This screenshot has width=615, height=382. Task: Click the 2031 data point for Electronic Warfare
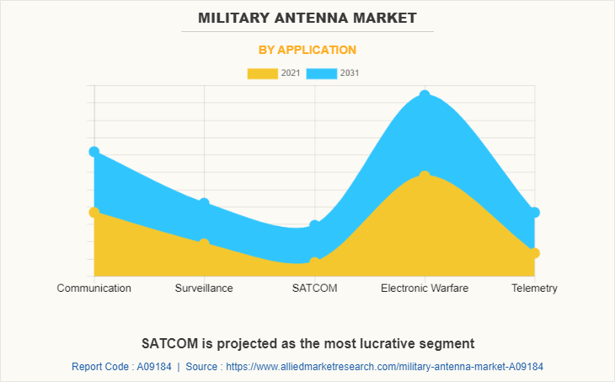pyautogui.click(x=425, y=95)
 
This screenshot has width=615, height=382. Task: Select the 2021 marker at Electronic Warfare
pyautogui.click(x=425, y=175)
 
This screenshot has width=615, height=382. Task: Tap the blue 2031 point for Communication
pyautogui.click(x=94, y=152)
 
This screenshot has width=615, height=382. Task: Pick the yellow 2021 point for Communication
pyautogui.click(x=94, y=213)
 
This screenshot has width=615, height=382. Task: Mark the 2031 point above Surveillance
pyautogui.click(x=204, y=203)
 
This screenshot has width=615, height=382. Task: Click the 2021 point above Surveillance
pyautogui.click(x=204, y=243)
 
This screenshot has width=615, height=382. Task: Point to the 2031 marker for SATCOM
pyautogui.click(x=314, y=225)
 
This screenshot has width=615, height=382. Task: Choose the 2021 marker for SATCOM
pyautogui.click(x=314, y=262)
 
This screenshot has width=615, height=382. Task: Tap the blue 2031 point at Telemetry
pyautogui.click(x=534, y=213)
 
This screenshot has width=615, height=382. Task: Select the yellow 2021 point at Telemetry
pyautogui.click(x=534, y=253)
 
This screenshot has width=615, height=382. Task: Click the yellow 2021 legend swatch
pyautogui.click(x=262, y=73)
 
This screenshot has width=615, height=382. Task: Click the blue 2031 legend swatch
pyautogui.click(x=322, y=73)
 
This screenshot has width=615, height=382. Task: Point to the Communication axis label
pyautogui.click(x=94, y=288)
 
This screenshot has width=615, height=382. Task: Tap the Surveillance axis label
pyautogui.click(x=204, y=288)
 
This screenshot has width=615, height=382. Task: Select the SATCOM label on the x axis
pyautogui.click(x=314, y=288)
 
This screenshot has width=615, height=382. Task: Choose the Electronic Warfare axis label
pyautogui.click(x=425, y=288)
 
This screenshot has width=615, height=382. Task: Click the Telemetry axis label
pyautogui.click(x=534, y=288)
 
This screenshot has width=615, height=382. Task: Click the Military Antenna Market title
pyautogui.click(x=307, y=18)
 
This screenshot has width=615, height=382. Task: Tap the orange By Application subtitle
pyautogui.click(x=307, y=50)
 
